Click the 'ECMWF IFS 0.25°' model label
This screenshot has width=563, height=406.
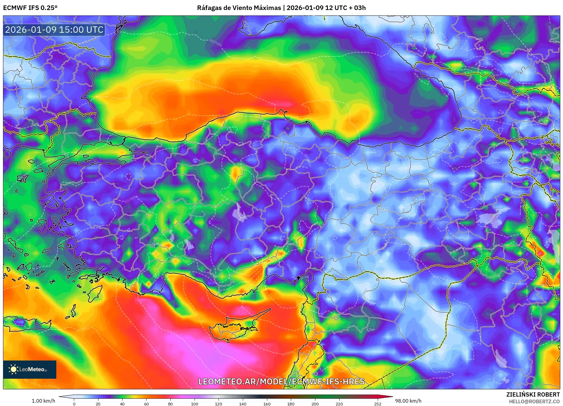(30, 8)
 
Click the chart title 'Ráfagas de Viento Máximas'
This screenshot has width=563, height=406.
(239, 8)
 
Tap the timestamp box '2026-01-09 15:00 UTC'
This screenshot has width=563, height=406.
(54, 30)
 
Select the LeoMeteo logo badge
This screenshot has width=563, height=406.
(30, 369)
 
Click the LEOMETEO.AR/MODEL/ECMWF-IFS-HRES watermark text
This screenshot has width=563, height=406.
(281, 381)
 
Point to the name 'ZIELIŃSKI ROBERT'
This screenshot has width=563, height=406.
(533, 394)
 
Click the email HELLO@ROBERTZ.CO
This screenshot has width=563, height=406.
(534, 401)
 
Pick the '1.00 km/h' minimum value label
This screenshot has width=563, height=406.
(43, 401)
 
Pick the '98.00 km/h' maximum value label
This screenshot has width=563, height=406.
(408, 401)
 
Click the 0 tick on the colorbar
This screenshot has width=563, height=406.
(74, 404)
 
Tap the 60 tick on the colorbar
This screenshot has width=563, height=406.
(147, 404)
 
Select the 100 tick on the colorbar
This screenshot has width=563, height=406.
(195, 404)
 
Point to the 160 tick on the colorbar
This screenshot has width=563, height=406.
(267, 404)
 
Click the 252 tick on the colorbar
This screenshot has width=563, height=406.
(378, 404)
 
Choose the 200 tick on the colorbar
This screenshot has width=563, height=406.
(315, 404)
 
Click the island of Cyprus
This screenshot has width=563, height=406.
(233, 329)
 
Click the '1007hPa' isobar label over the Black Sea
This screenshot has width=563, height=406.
(215, 43)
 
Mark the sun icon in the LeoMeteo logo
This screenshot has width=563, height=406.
(13, 369)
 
